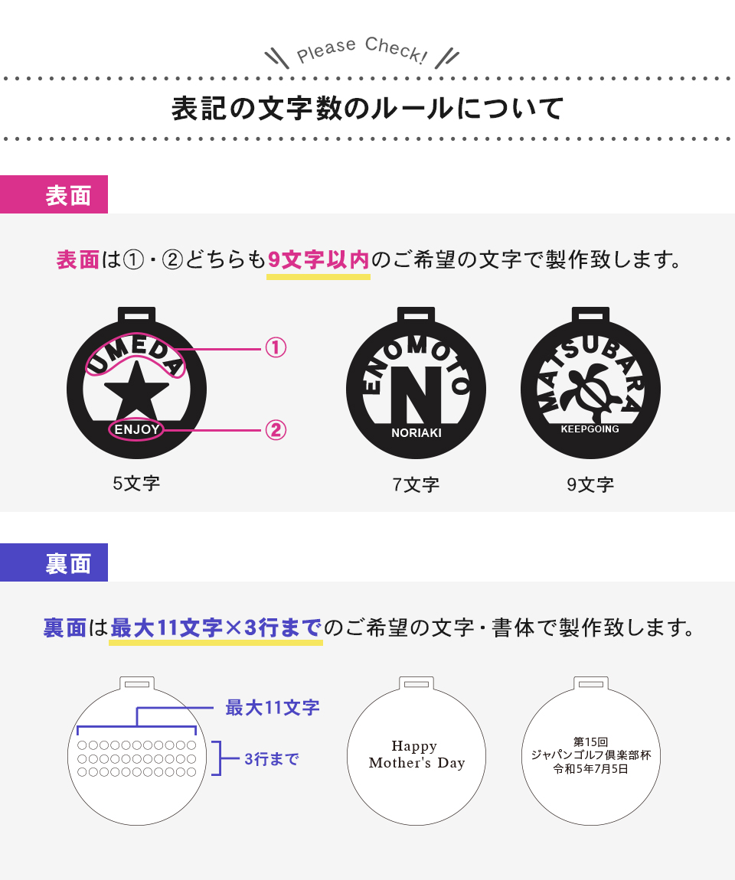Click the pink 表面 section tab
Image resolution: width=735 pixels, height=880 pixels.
(x=54, y=194)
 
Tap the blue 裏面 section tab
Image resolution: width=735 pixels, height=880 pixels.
(x=54, y=562)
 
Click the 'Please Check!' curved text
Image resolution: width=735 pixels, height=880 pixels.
(x=362, y=51)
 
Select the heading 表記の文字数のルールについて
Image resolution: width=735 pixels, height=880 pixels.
(x=367, y=109)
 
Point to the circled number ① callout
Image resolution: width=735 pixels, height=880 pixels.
(x=276, y=348)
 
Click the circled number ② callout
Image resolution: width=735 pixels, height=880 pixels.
(x=276, y=431)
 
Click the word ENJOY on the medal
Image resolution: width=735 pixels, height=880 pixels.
(x=137, y=430)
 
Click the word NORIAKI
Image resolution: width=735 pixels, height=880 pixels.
(x=416, y=433)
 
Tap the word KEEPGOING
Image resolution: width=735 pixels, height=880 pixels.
(x=590, y=429)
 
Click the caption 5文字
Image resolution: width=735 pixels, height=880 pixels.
(x=136, y=483)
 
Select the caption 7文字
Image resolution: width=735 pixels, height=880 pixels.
(x=416, y=484)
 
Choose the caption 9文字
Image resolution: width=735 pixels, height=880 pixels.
(x=590, y=484)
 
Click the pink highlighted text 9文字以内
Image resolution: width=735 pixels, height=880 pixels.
(x=318, y=260)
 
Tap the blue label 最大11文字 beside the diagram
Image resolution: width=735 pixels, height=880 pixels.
(x=273, y=708)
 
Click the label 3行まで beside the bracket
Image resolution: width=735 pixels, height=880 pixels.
(x=272, y=759)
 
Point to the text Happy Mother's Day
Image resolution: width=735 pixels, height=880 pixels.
(x=416, y=755)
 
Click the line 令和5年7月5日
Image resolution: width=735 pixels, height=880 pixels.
(x=591, y=769)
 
